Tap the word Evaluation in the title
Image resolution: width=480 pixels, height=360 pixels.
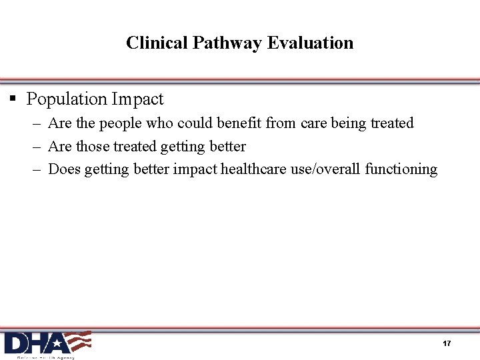310,43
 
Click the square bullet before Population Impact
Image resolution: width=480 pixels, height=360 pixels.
13,99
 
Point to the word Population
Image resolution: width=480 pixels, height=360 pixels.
67,99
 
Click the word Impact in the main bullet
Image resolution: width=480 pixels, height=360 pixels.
137,99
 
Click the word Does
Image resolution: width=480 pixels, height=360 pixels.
64,169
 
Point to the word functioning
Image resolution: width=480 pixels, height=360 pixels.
401,169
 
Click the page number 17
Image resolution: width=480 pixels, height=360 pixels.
447,343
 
